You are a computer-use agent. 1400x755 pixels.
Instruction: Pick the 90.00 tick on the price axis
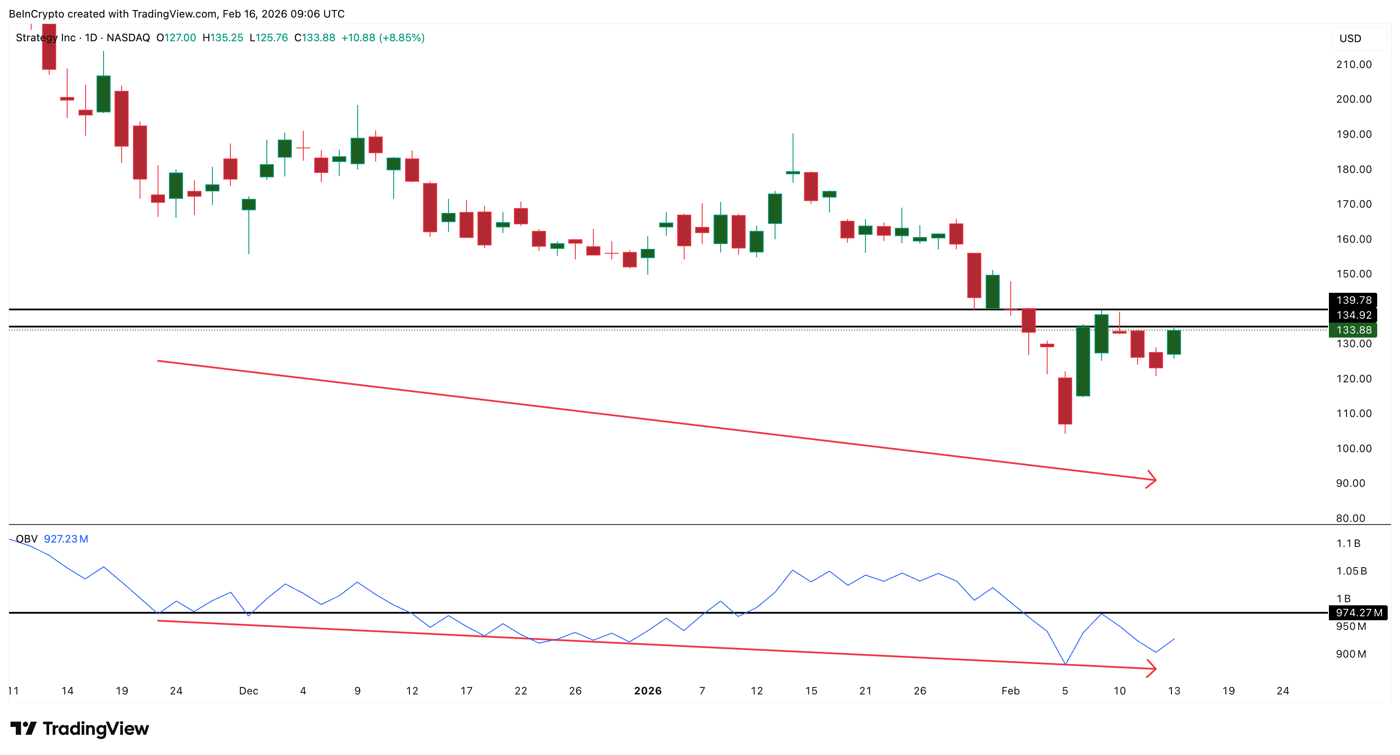point(1350,483)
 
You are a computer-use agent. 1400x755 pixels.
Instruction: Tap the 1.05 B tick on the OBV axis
point(1351,571)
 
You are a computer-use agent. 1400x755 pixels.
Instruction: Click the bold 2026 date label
point(647,691)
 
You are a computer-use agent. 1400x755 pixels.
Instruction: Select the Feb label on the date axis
point(1010,691)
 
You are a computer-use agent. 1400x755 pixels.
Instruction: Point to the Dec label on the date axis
point(248,691)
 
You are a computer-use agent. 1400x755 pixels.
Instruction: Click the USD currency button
point(1350,39)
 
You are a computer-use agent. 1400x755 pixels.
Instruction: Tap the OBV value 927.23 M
point(66,539)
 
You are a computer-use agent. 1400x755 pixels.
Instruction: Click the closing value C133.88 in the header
point(315,37)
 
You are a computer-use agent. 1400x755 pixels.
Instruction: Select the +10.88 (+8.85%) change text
point(383,37)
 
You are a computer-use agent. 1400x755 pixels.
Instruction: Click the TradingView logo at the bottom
point(80,728)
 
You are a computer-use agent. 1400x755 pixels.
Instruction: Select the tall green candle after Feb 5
point(1083,361)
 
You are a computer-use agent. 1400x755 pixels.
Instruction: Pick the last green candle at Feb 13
point(1174,342)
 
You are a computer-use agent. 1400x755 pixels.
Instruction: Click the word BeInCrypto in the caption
point(36,14)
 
